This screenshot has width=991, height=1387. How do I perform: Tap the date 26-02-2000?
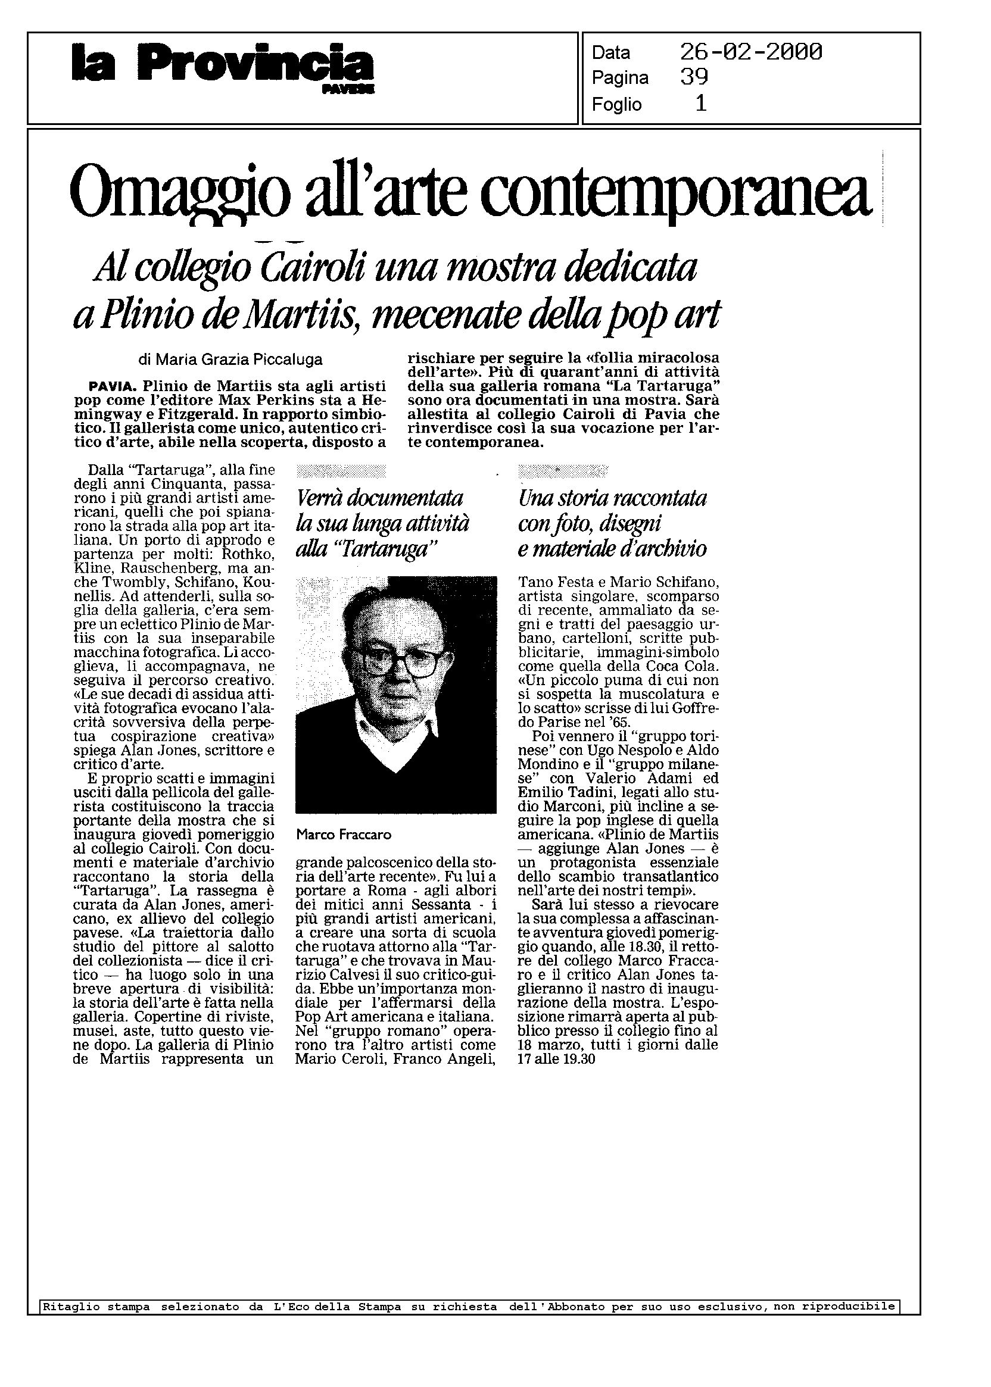[750, 52]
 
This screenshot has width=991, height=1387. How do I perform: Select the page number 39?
[694, 77]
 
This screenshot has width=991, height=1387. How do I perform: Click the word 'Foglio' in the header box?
[616, 104]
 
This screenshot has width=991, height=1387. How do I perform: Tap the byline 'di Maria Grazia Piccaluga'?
[230, 360]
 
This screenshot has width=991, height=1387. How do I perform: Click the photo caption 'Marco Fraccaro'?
[343, 835]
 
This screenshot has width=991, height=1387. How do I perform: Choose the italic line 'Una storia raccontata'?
[612, 498]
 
